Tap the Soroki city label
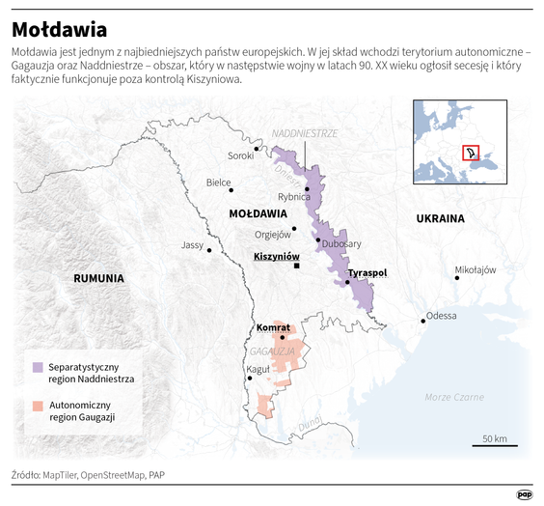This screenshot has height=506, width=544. pos(240,155)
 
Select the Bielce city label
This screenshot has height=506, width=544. pos(219,182)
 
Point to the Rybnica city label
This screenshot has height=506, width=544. pos(294,197)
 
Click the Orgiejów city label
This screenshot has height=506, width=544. pos(272,234)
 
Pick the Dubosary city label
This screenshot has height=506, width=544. pos(341,244)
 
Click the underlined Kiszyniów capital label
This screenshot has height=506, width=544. pos(276,257)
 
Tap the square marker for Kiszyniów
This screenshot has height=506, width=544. pos(298,266)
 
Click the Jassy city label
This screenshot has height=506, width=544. pos(193,245)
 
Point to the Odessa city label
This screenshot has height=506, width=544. pos(442,316)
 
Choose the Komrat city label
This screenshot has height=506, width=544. pos(273,327)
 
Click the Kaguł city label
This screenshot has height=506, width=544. pos(259,370)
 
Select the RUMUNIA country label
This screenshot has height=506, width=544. pos(98,278)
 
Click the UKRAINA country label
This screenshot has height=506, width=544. pos(440,218)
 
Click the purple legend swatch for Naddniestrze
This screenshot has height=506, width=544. pos(37,367)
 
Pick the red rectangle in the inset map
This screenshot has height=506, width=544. pos(471,154)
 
